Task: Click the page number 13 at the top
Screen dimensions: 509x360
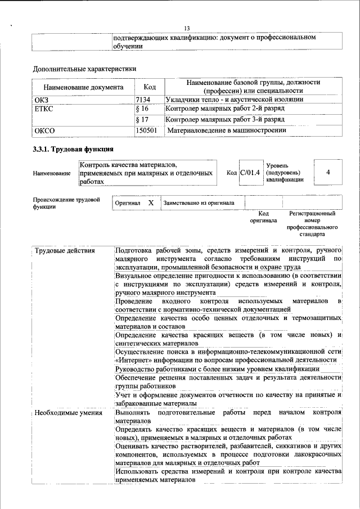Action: [x=187, y=29]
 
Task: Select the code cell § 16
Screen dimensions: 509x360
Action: [x=142, y=108]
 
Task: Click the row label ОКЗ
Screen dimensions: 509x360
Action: [x=42, y=100]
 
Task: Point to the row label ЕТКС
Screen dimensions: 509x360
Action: [x=44, y=108]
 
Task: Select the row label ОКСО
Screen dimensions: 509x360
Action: [x=44, y=130]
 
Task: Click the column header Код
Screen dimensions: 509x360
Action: [x=149, y=87]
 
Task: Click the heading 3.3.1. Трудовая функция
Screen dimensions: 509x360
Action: [x=73, y=150]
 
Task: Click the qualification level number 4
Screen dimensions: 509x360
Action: [x=327, y=172]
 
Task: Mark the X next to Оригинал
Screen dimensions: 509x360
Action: [x=150, y=202]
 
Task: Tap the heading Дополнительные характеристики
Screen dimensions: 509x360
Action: [x=84, y=69]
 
